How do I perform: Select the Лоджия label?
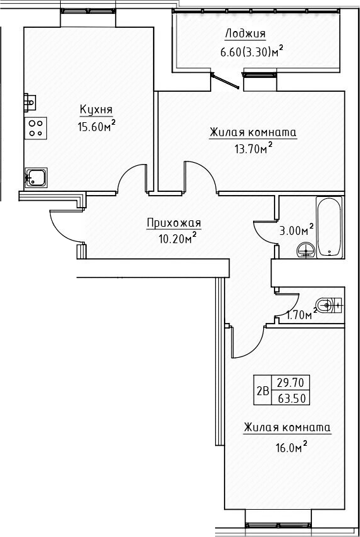click(x=245, y=34)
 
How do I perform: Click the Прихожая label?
click(x=173, y=222)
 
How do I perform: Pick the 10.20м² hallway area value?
click(x=177, y=239)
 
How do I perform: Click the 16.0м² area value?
click(x=288, y=446)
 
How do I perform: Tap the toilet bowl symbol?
click(x=327, y=305)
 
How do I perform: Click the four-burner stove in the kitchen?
click(x=35, y=129)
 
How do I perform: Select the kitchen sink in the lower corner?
click(x=35, y=177)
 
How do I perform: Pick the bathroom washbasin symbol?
click(x=306, y=251)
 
